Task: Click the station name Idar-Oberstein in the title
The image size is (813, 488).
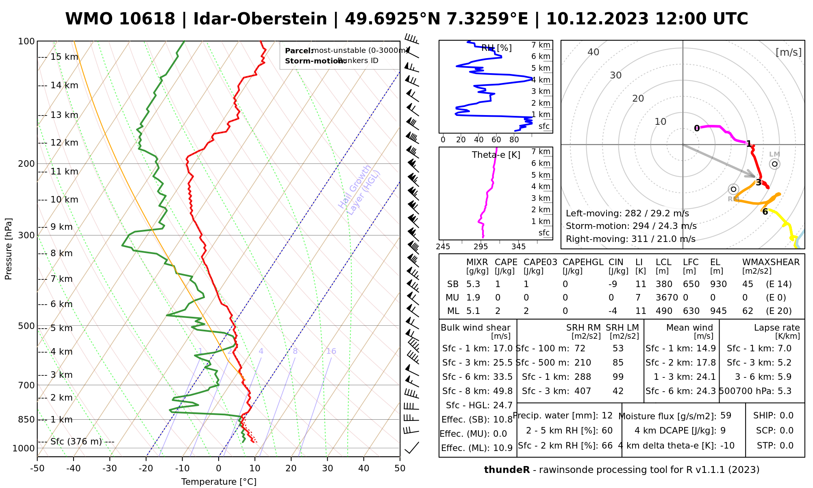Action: (x=260, y=19)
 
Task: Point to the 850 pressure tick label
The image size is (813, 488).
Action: (x=27, y=419)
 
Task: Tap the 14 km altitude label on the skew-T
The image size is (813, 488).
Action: (x=64, y=85)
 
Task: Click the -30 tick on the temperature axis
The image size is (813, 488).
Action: (x=109, y=468)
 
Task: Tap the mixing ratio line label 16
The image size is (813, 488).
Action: (x=331, y=351)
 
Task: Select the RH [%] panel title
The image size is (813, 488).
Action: (x=496, y=48)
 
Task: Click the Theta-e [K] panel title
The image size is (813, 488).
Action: (x=496, y=155)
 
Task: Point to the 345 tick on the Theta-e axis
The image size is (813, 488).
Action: (x=518, y=247)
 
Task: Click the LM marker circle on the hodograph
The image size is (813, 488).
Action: (x=774, y=164)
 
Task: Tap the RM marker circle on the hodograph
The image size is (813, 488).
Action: (x=733, y=189)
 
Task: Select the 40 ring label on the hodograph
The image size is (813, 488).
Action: (x=593, y=52)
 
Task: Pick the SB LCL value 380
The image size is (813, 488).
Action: (x=664, y=284)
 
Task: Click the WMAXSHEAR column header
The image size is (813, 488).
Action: (x=771, y=262)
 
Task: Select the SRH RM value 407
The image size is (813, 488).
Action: (x=583, y=391)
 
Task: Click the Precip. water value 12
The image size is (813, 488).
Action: (x=607, y=416)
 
